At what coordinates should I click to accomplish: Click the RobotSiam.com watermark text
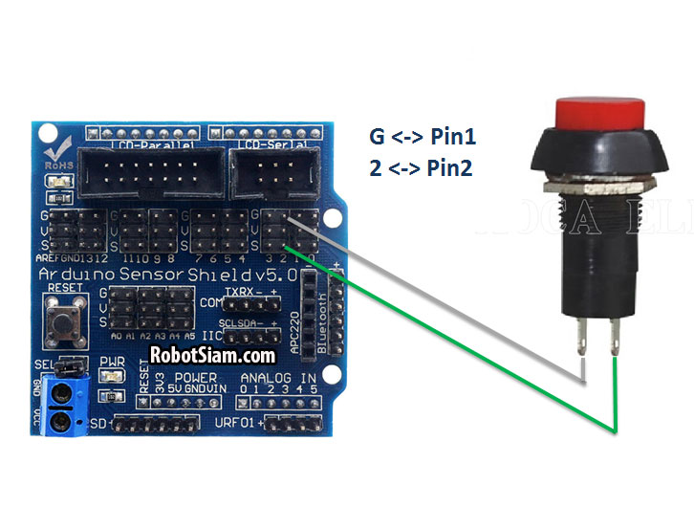(x=213, y=355)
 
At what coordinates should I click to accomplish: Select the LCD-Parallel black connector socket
(x=149, y=175)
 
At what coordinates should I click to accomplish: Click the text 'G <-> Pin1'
(x=423, y=137)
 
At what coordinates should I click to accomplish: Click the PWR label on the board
(x=111, y=362)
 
